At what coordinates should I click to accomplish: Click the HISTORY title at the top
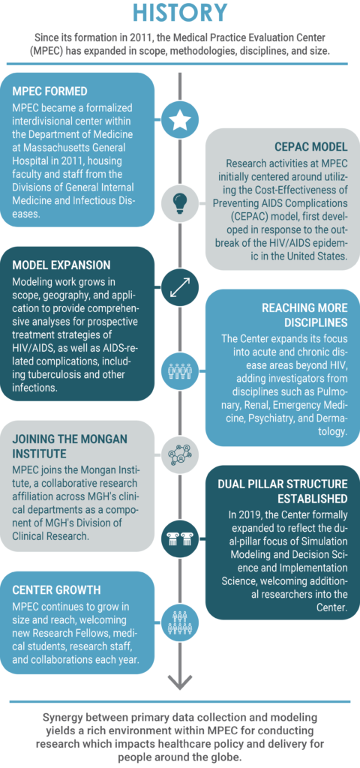pyautogui.click(x=180, y=13)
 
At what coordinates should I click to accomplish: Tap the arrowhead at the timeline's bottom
pyautogui.click(x=180, y=681)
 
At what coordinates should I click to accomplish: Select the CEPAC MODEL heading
pyautogui.click(x=310, y=146)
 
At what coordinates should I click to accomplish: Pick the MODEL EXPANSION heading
pyautogui.click(x=61, y=265)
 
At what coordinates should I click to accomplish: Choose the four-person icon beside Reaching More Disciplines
pyautogui.click(x=180, y=370)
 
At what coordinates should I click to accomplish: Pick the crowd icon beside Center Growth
pyautogui.click(x=180, y=621)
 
